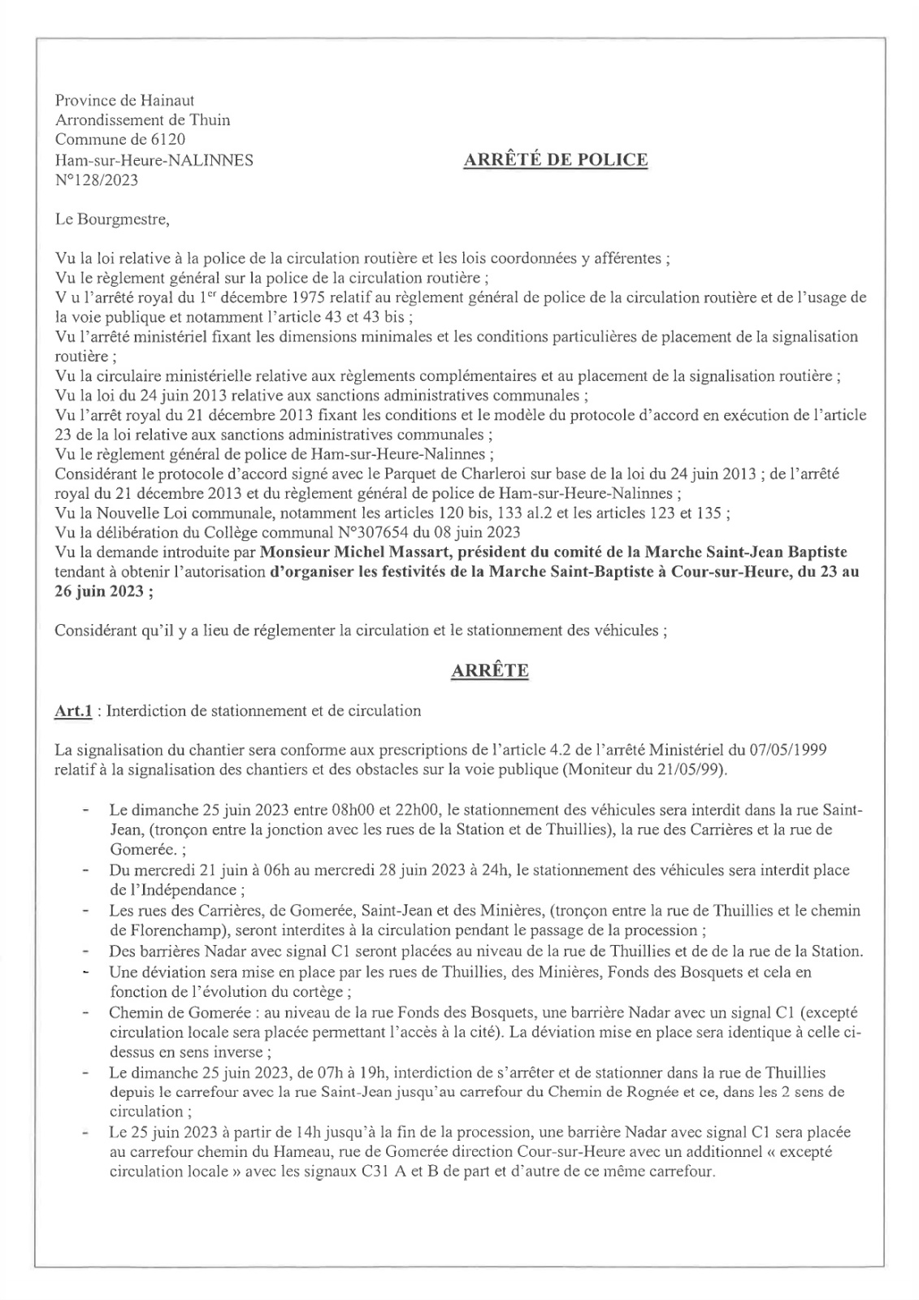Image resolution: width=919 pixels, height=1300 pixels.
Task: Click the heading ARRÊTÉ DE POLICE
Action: (555, 159)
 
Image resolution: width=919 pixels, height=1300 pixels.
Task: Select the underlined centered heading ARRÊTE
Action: (490, 671)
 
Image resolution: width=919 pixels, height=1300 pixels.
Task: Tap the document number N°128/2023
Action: (96, 180)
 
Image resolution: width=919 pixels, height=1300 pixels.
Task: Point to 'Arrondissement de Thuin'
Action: (142, 120)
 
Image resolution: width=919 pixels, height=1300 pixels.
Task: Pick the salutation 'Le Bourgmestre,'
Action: (112, 219)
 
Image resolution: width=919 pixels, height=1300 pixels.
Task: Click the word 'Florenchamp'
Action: (167, 930)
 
